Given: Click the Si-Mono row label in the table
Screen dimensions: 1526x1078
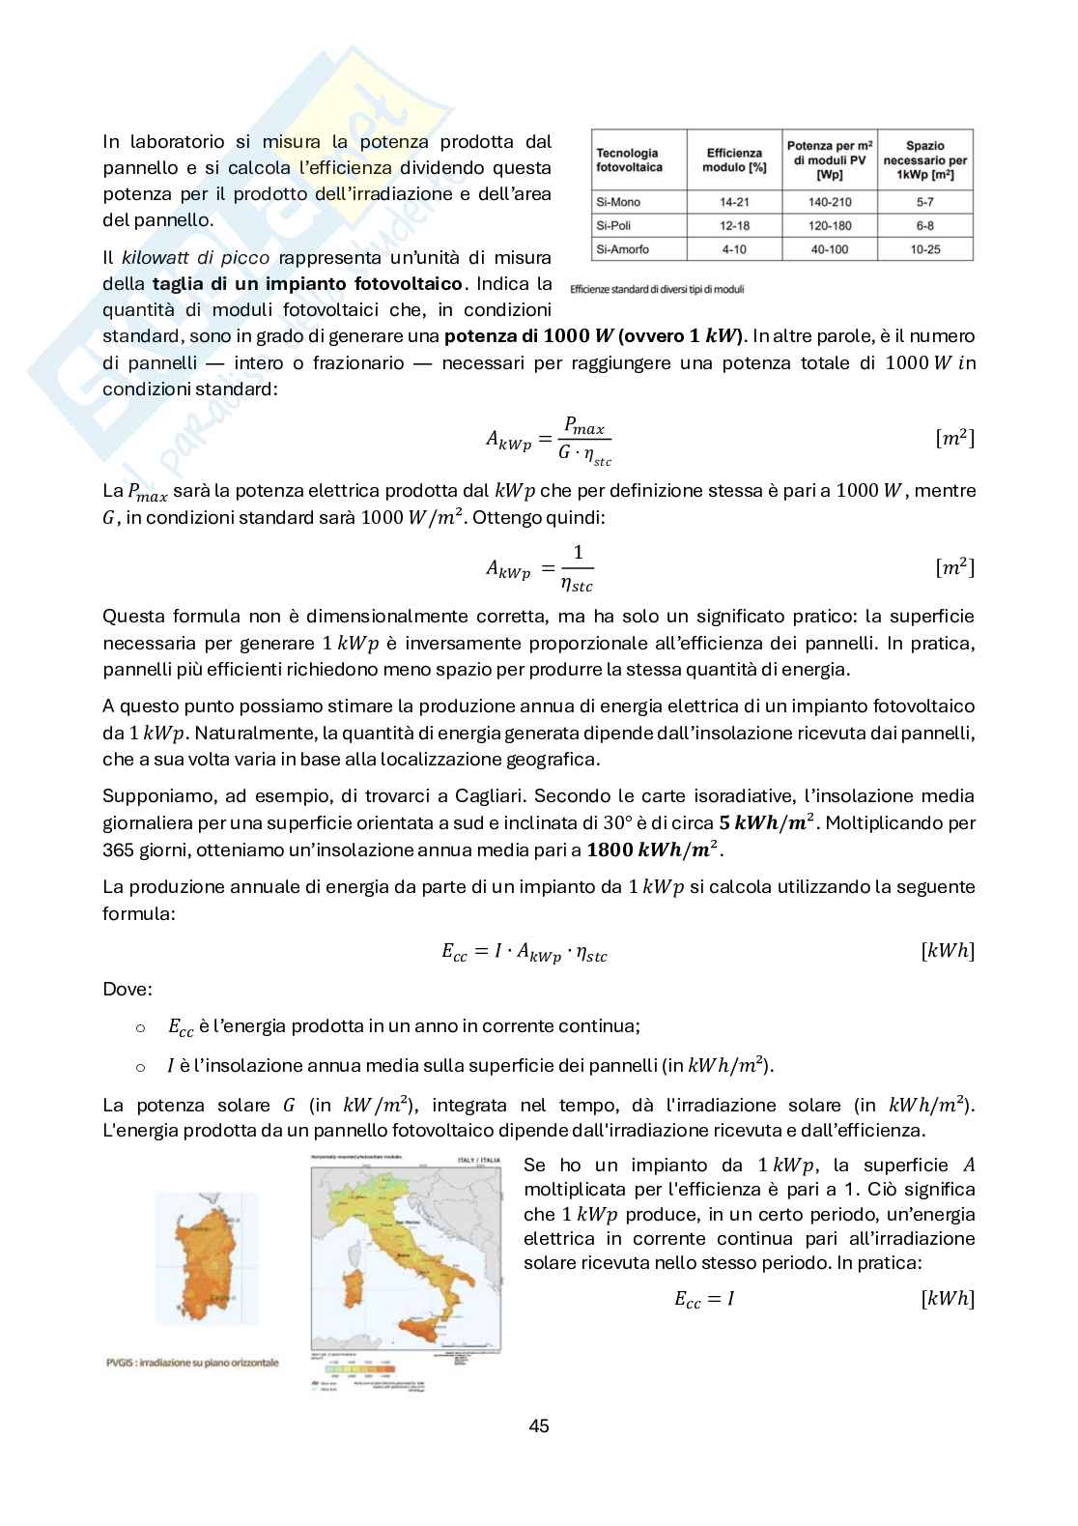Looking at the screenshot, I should point(619,202).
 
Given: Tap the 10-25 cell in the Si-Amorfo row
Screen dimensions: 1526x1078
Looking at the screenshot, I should point(924,249).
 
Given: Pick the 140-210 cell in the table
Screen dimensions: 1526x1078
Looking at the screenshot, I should point(830,202).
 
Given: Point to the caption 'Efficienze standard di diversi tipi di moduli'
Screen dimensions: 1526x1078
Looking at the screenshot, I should point(657,290).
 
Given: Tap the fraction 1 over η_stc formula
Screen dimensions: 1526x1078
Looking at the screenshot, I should point(578,568).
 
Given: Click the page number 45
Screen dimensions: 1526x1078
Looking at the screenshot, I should point(539,1426).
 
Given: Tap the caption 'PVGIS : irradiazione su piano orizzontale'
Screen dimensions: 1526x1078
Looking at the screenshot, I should point(194,1363).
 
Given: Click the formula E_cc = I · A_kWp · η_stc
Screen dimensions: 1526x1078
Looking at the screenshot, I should point(525,953).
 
